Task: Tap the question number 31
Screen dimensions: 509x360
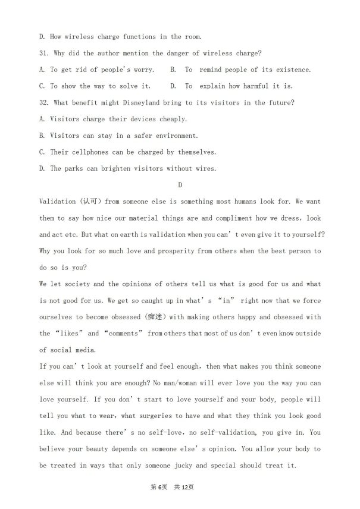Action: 44,53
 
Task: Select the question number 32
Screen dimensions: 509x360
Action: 44,103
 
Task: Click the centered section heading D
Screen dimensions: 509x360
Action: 180,185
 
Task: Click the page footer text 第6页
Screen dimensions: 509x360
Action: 158,487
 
